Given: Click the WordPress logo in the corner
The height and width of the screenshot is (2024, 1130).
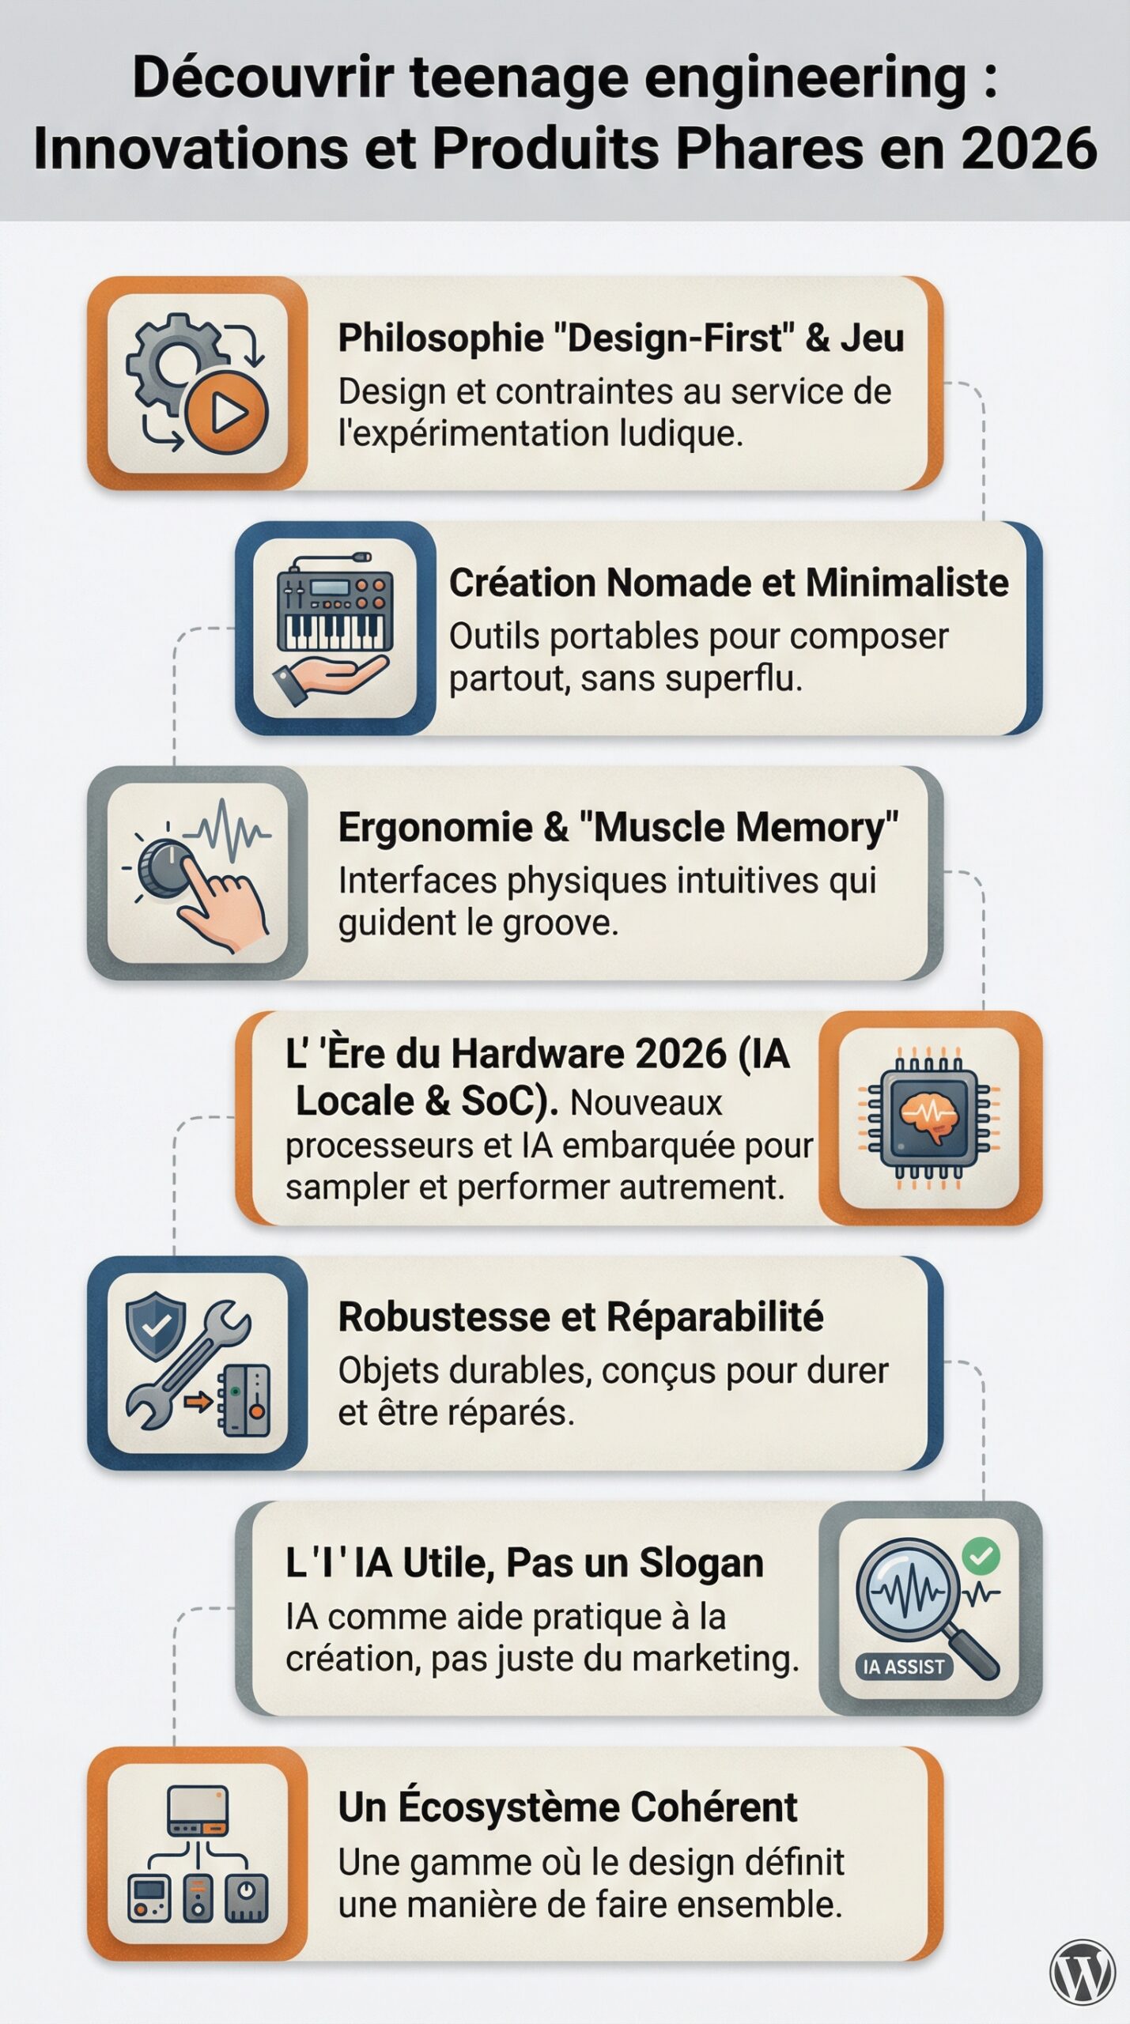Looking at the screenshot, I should tap(1082, 1971).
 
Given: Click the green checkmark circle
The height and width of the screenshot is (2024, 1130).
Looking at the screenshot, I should tap(981, 1556).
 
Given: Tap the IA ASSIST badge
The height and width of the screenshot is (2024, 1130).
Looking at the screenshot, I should tap(904, 1667).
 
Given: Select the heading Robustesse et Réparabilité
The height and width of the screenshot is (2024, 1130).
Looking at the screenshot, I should tap(580, 1317).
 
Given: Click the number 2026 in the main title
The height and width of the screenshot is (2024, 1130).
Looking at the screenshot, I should tap(1029, 148).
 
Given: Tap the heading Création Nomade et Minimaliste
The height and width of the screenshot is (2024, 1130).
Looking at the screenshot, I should tap(728, 583).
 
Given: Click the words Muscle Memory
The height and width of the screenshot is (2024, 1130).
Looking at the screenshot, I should tap(739, 828).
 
